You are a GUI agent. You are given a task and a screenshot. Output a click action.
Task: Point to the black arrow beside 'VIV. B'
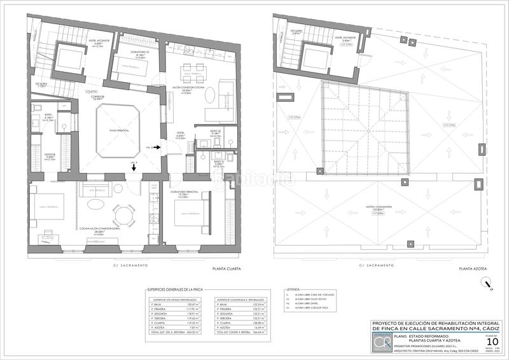point(157,148)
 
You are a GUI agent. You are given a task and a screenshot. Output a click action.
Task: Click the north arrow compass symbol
point(485,284)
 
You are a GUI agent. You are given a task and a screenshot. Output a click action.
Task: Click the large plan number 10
point(492,342)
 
